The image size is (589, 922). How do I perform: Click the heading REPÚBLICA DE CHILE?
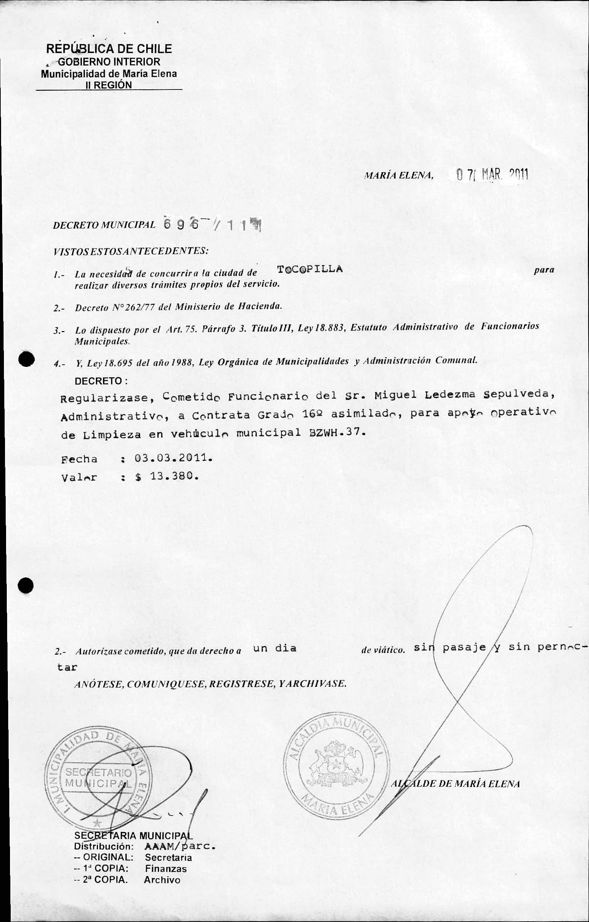tap(109, 49)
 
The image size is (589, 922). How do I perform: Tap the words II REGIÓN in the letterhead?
tap(109, 85)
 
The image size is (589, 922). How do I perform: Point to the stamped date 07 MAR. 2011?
tap(492, 175)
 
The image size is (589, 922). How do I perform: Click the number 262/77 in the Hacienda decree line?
tap(137, 307)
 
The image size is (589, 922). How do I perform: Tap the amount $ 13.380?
tap(167, 477)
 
